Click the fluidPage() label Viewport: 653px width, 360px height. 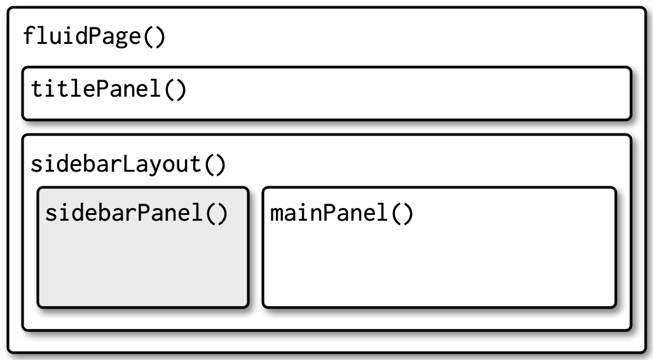tap(94, 36)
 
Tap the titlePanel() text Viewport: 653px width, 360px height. tap(109, 89)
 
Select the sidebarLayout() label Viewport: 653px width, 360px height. tap(128, 164)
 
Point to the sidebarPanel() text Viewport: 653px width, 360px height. tap(136, 213)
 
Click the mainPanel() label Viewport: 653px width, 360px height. tap(341, 213)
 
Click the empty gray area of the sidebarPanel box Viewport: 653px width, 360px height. tap(142, 267)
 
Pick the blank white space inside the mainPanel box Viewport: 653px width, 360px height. tap(439, 267)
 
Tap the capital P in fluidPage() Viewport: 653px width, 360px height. tap(95, 36)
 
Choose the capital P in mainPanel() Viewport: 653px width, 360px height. tap(329, 213)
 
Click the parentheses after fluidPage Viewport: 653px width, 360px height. tap(153, 36)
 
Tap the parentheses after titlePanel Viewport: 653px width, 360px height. tap(174, 89)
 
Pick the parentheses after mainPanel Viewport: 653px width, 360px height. tap(400, 213)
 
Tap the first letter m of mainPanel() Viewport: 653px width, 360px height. tap(277, 214)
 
